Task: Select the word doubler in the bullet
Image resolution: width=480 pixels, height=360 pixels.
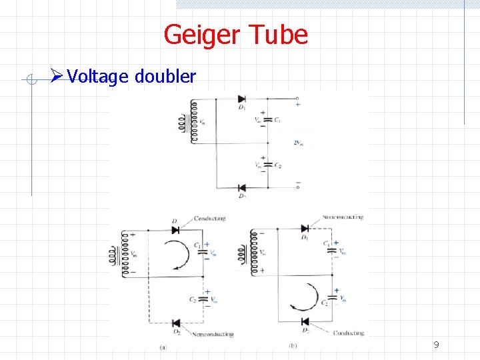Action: pyautogui.click(x=165, y=77)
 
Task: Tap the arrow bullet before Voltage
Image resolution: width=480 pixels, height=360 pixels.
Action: pyautogui.click(x=58, y=77)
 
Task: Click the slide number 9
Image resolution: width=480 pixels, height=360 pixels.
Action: pyautogui.click(x=436, y=345)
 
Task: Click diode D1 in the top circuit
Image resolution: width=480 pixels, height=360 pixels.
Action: pyautogui.click(x=241, y=99)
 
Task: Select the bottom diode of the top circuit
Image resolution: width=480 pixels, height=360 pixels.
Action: pyautogui.click(x=241, y=187)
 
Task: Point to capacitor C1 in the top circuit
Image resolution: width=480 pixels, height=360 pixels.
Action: pyautogui.click(x=268, y=121)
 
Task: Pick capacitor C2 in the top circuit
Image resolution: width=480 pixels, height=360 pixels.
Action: pyautogui.click(x=268, y=165)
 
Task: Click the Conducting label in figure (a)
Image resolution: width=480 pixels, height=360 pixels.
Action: pyautogui.click(x=209, y=219)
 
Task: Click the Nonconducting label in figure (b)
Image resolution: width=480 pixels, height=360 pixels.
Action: pyautogui.click(x=343, y=217)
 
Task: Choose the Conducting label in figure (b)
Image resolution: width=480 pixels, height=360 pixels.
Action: pyautogui.click(x=348, y=333)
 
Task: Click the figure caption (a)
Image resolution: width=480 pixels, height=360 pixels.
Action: pyautogui.click(x=164, y=347)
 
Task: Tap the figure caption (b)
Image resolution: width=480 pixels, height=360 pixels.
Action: pyautogui.click(x=292, y=346)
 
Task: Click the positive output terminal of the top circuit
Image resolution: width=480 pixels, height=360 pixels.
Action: pyautogui.click(x=297, y=100)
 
